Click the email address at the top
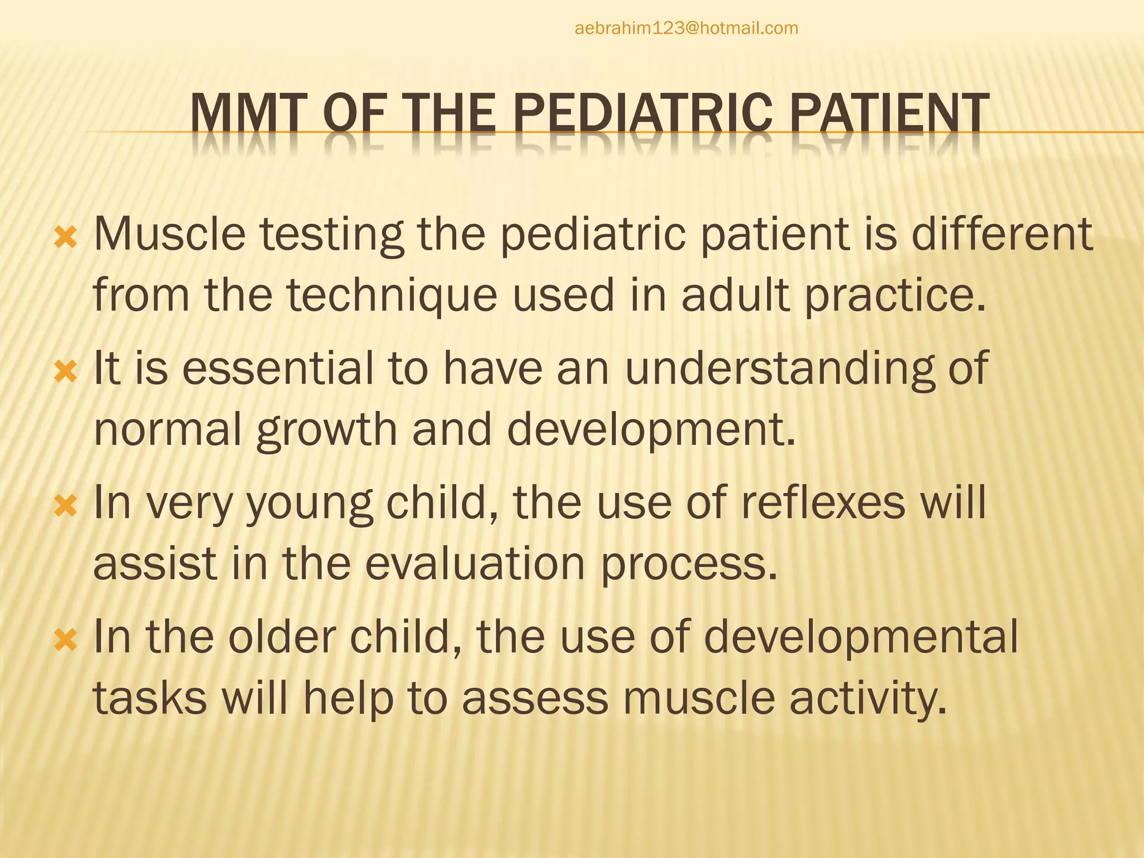[686, 28]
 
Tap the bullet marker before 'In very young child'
[66, 506]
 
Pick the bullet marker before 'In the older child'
[66, 640]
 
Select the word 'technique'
[392, 295]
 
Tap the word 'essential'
[278, 369]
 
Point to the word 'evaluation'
[475, 564]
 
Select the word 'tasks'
[150, 698]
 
